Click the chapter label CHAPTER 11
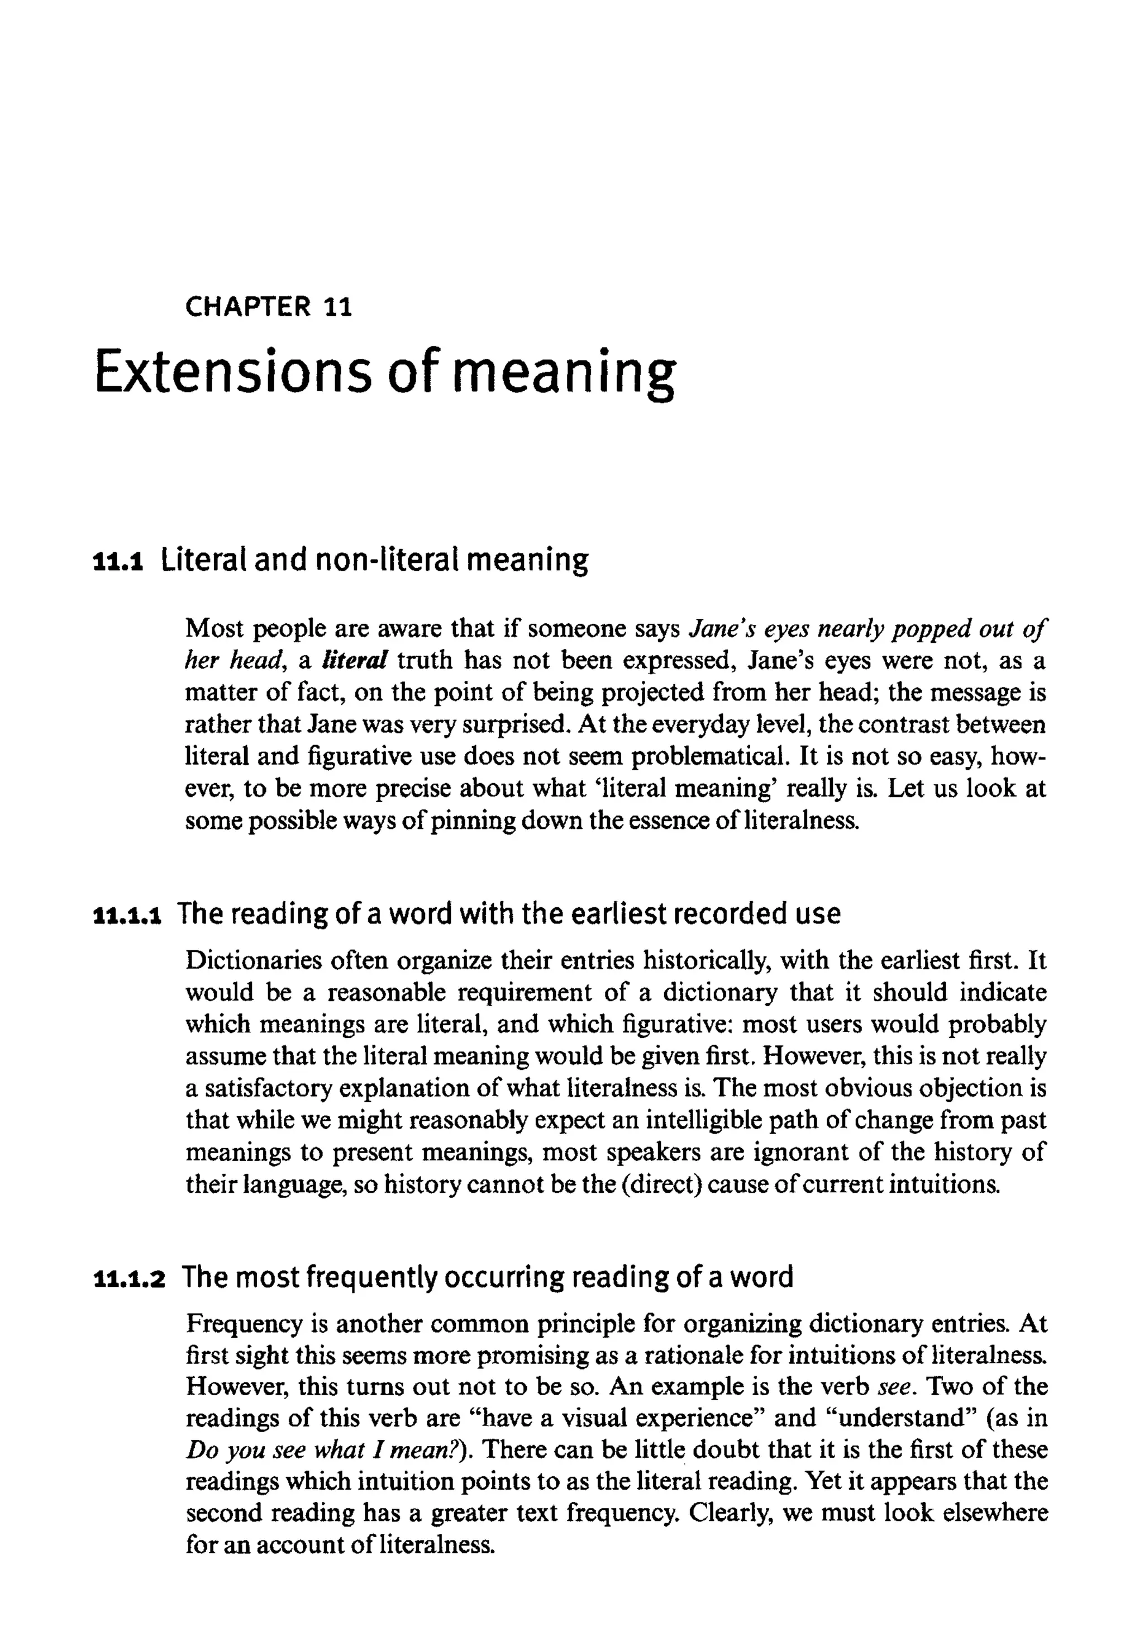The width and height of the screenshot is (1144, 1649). [x=268, y=307]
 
